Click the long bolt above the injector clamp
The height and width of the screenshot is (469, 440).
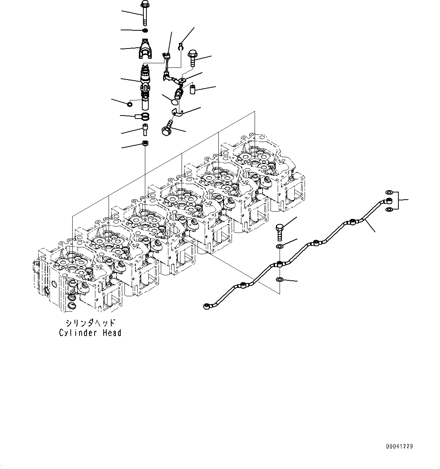(145, 14)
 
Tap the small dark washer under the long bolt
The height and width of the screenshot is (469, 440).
(145, 30)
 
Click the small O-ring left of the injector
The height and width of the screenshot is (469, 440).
(130, 104)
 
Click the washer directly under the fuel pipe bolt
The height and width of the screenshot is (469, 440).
(279, 247)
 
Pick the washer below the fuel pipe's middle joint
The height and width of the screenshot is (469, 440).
(279, 280)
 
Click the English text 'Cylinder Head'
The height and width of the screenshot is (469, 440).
(90, 333)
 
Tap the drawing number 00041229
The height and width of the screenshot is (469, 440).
(399, 446)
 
